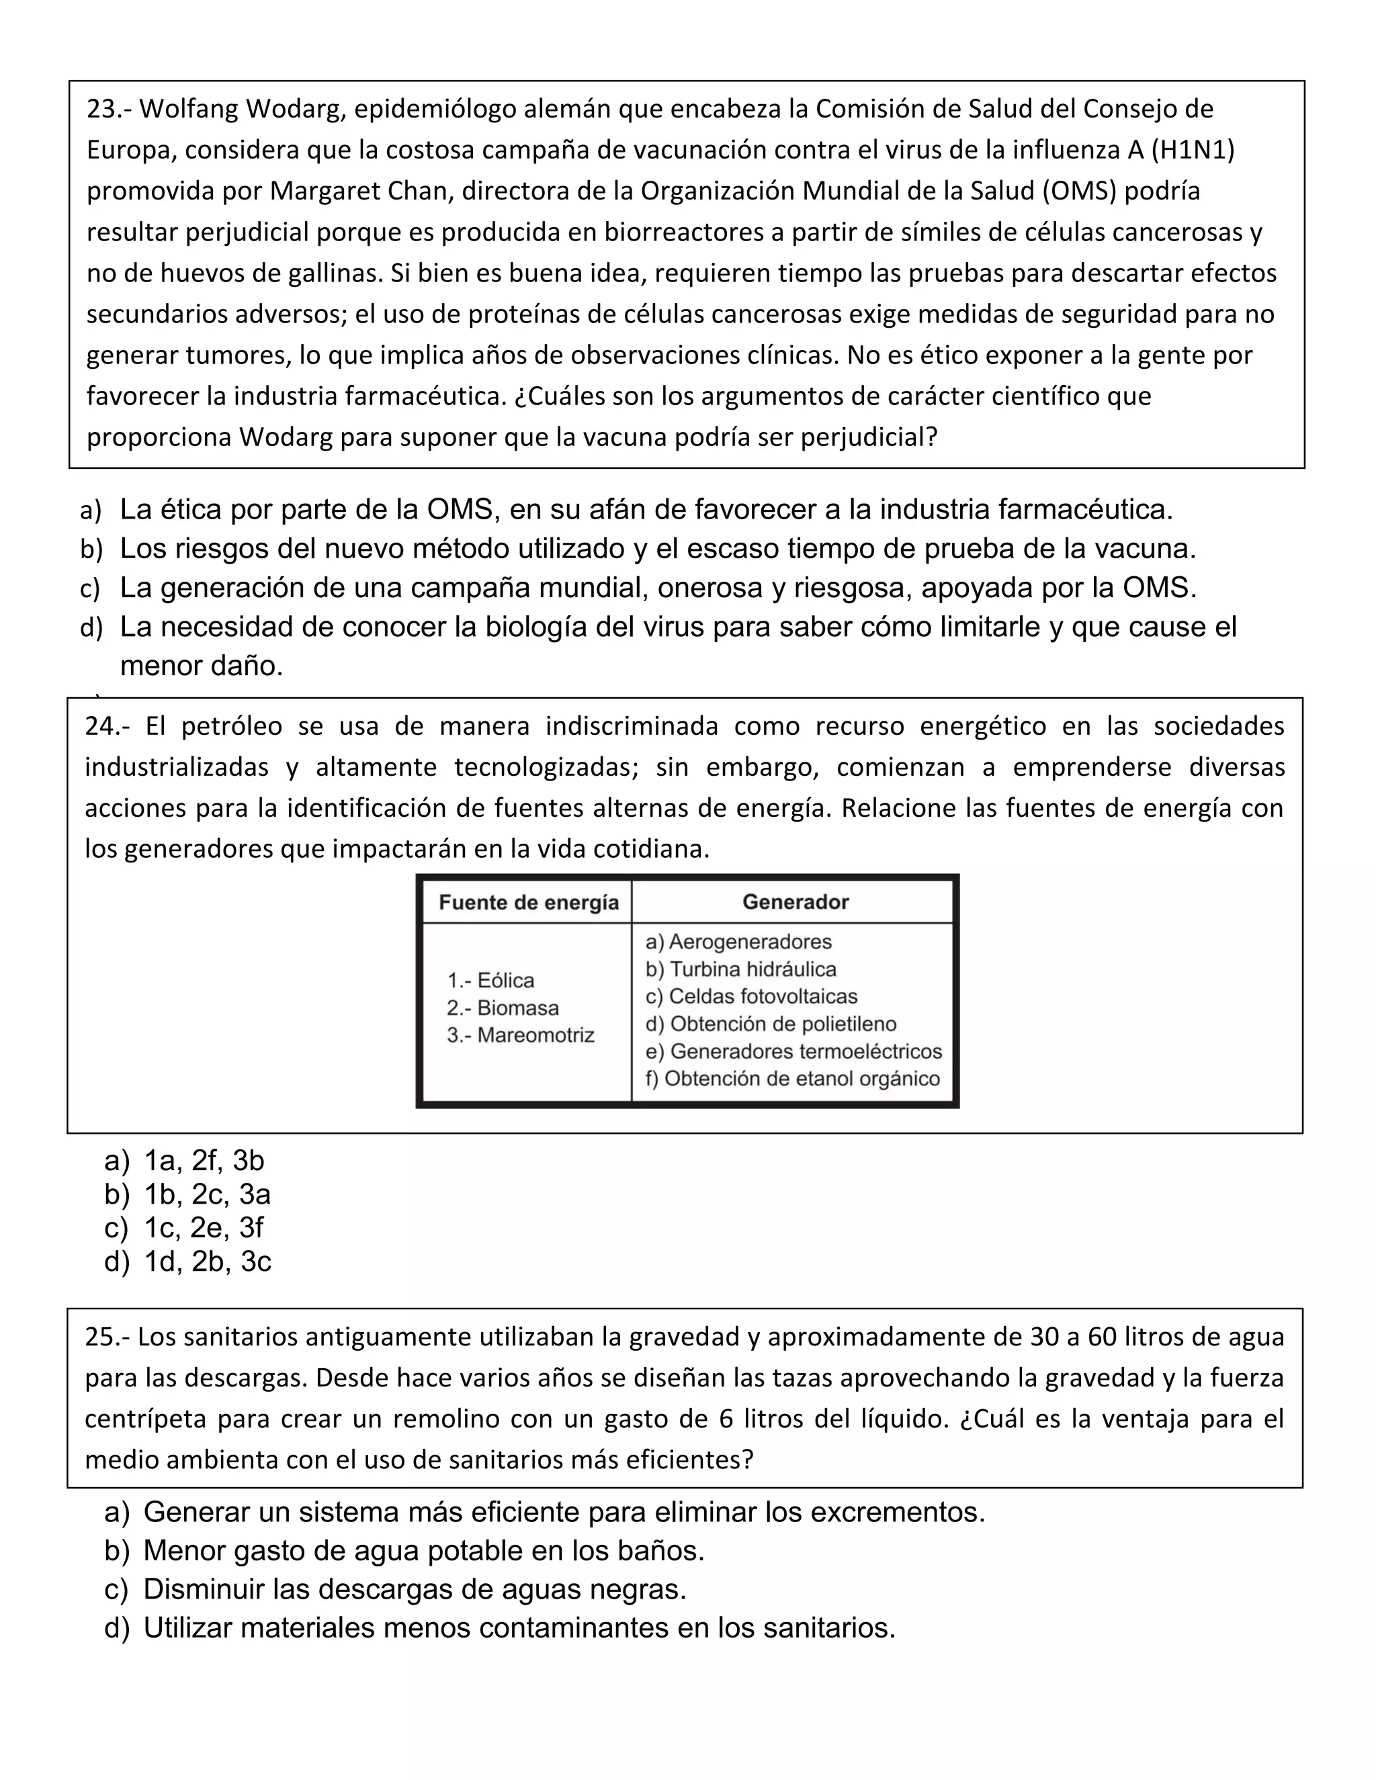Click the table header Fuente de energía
tap(528, 902)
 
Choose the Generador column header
tap(795, 902)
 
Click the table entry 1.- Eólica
tap(490, 981)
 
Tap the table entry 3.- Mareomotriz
tap(521, 1036)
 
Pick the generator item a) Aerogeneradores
tap(738, 942)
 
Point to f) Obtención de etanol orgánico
tap(792, 1079)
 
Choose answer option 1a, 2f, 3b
tap(204, 1161)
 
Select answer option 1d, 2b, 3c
tap(207, 1261)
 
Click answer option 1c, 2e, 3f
tap(203, 1227)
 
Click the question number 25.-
tap(107, 1337)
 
